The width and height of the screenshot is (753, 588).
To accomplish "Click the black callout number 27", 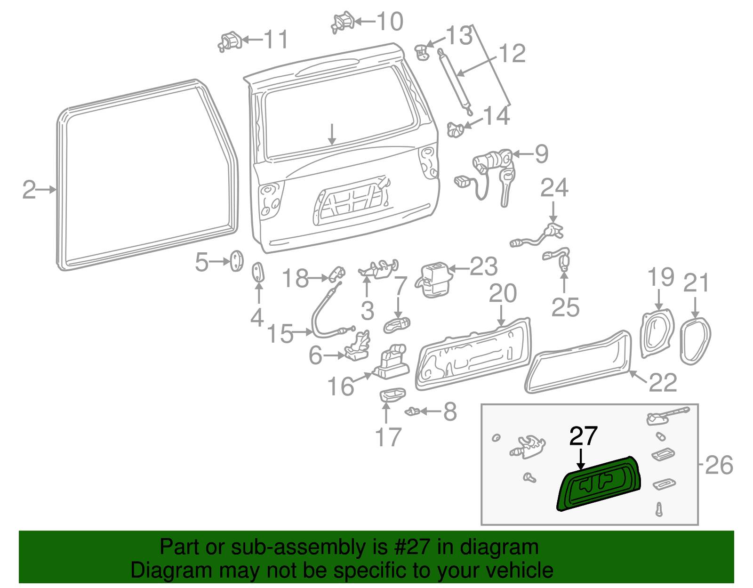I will [x=583, y=436].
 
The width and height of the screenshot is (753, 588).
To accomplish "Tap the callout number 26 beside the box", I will [x=719, y=465].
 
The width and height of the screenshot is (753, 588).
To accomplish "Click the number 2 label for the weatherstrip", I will [x=29, y=190].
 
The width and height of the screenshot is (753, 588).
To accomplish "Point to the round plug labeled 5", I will [x=236, y=261].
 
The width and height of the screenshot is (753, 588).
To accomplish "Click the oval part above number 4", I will [x=258, y=273].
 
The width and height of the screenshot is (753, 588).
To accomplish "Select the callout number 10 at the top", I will [x=390, y=21].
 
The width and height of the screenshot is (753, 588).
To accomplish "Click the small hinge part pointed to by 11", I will [x=230, y=41].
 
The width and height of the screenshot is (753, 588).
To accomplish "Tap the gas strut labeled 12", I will [x=455, y=80].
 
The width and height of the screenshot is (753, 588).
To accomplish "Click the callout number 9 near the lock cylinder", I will [x=541, y=154].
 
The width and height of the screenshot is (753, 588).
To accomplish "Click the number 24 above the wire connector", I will [x=554, y=188].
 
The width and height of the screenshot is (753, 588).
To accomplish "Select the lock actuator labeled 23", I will [x=433, y=279].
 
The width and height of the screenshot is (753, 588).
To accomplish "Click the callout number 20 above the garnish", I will [x=503, y=294].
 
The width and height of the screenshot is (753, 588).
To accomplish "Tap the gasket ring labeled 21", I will [x=696, y=340].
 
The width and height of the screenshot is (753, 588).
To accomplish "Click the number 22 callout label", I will [x=663, y=382].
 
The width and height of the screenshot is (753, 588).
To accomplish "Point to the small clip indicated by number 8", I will [x=412, y=411].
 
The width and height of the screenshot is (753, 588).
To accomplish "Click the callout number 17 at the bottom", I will [x=388, y=437].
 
